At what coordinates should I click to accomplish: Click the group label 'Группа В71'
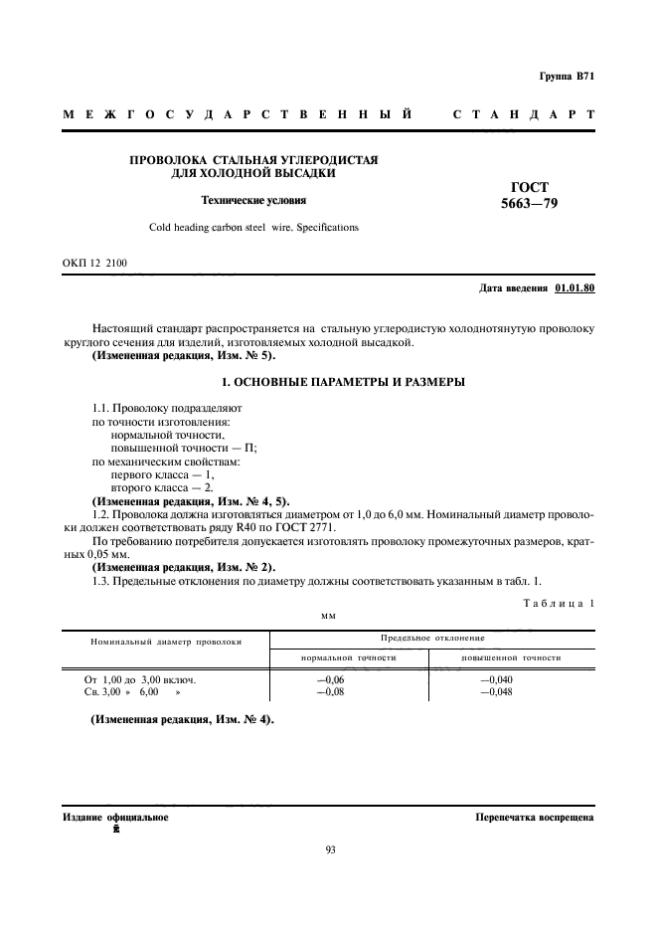click(567, 77)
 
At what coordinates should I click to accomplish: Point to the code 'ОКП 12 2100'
click(94, 264)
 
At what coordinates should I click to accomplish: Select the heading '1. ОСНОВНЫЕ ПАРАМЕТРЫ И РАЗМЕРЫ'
click(328, 383)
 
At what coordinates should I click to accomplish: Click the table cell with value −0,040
click(496, 679)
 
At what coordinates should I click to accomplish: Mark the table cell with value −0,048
click(496, 692)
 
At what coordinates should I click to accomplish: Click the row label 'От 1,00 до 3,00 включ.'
click(140, 679)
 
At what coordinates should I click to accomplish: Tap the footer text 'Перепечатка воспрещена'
click(535, 818)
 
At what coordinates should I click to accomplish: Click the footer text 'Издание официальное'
click(115, 818)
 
